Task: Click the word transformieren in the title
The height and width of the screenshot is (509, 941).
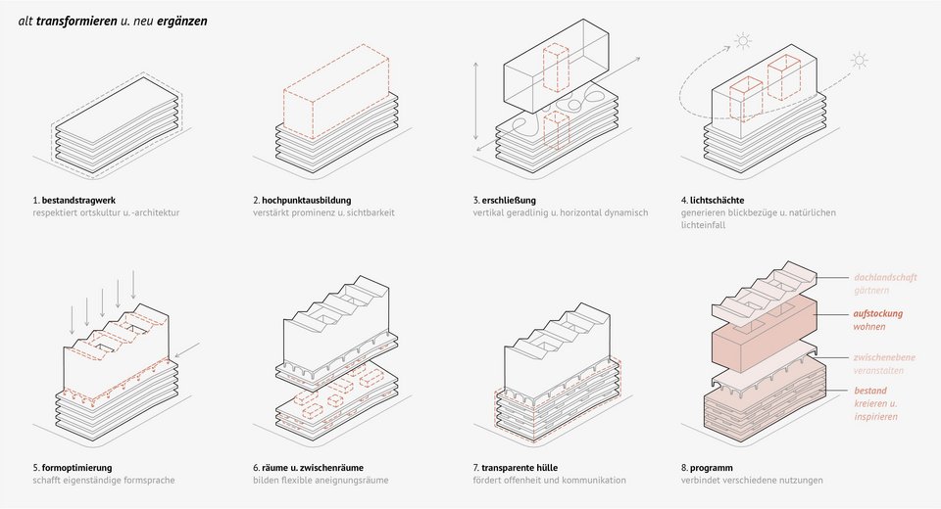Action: [76, 21]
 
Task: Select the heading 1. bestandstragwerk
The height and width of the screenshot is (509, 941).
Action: [74, 201]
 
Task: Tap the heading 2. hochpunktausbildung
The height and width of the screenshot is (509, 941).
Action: [302, 201]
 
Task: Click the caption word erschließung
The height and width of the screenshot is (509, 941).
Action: [509, 201]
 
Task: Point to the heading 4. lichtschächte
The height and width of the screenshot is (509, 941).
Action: [713, 201]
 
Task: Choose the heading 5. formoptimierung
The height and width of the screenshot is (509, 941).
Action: [73, 468]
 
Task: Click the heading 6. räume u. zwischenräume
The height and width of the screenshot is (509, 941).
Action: [308, 468]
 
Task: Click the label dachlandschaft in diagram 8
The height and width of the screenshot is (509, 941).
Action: [885, 278]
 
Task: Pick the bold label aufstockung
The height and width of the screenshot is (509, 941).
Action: [878, 313]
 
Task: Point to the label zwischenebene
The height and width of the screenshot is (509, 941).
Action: [884, 357]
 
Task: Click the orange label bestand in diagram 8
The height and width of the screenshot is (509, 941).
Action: [870, 391]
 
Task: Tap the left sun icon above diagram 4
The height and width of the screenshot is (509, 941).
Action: [743, 41]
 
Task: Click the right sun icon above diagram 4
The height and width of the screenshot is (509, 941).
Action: [860, 61]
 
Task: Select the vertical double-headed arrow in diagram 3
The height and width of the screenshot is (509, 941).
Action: [476, 101]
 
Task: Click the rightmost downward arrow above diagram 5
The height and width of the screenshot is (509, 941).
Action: [133, 285]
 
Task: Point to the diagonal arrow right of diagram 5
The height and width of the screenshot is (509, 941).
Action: [189, 349]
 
